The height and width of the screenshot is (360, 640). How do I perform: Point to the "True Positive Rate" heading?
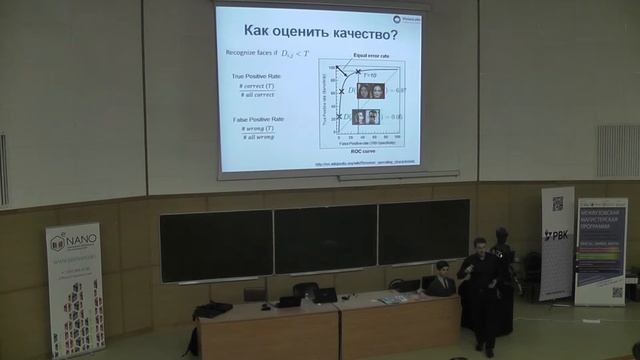pos(255,76)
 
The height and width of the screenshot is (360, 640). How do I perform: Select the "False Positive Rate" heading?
pos(255,119)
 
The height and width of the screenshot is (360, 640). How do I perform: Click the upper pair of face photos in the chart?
pos(371,91)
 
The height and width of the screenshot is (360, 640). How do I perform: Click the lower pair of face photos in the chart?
pos(366,117)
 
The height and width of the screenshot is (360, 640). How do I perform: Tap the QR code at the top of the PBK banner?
pos(557,204)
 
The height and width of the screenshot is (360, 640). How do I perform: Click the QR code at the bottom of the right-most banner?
pos(617,292)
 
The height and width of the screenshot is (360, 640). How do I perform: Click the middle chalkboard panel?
pos(325,238)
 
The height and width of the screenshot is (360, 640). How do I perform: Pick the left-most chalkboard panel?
pos(216,245)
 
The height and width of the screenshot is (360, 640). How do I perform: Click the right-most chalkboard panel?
pos(423,232)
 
